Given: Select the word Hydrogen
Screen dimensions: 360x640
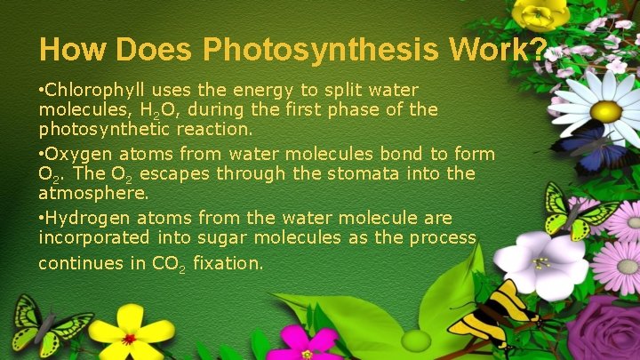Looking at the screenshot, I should point(86,218).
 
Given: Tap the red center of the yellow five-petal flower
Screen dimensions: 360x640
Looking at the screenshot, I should point(130,339).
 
